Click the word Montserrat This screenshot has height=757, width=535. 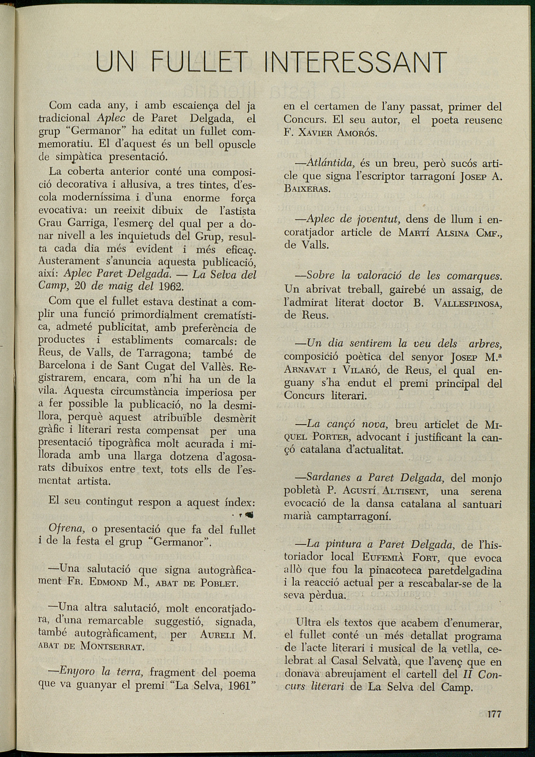[112, 646]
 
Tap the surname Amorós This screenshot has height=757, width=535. [353, 133]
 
